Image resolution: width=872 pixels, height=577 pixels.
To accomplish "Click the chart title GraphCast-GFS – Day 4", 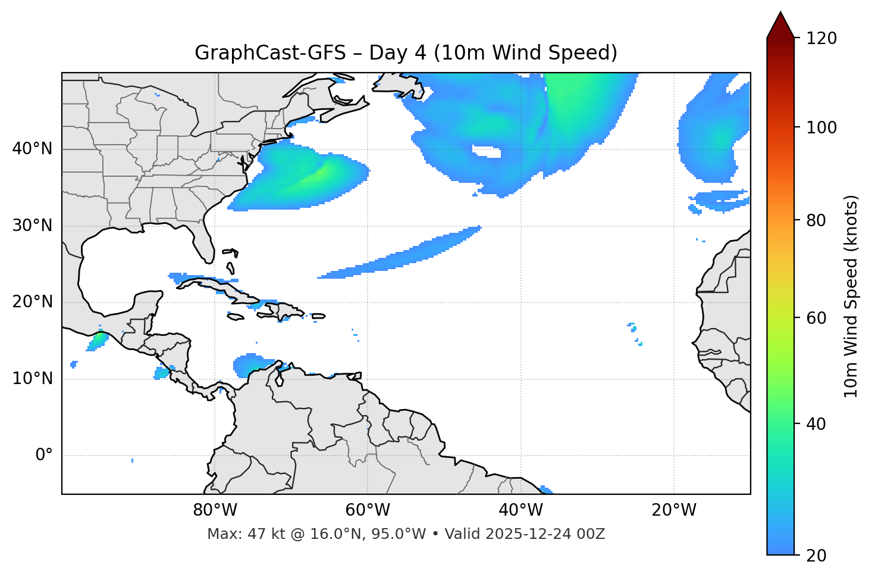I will point(406,53).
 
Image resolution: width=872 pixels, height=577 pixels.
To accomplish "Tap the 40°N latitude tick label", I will point(32,149).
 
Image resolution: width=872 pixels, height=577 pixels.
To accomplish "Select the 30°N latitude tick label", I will point(32,226).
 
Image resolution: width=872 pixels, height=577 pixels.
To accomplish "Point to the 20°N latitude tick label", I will point(32,302).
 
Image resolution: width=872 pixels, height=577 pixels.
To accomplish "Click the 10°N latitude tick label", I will point(32,379).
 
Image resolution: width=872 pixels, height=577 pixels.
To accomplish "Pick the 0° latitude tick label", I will point(44,456).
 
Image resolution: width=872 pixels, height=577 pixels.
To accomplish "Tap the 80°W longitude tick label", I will point(215,510).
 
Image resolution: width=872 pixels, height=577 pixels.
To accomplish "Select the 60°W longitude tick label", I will point(368,510).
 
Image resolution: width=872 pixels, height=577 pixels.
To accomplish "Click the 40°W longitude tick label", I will point(520,510).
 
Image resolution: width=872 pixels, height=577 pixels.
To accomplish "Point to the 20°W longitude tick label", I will point(673,510).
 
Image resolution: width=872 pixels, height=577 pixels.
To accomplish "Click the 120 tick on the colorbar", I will point(821,39).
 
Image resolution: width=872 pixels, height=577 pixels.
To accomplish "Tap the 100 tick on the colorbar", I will point(821,127).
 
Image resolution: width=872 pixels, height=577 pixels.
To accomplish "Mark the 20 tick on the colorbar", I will point(815,556).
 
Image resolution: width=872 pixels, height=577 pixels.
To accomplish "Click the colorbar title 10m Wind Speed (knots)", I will point(851,296).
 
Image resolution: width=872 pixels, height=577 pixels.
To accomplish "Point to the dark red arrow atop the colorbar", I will point(780,25).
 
